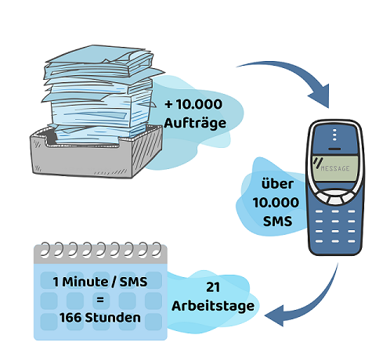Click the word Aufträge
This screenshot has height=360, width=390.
pos(195,123)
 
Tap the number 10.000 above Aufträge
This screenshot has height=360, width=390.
pos(199,104)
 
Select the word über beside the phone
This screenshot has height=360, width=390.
pos(277,184)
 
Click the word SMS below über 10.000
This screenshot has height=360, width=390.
pos(277,221)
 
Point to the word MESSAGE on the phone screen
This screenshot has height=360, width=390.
pos(335,168)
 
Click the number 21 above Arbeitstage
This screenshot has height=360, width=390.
pos(213,287)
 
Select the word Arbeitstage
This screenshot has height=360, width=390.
pos(213,306)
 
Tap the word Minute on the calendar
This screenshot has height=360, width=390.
pos(85,282)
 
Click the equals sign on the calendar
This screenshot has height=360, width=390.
pos(100,300)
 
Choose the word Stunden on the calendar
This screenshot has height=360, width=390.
pos(113,318)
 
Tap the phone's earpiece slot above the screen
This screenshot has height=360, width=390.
pos(334,149)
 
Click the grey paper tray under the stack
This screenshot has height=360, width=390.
pos(96,154)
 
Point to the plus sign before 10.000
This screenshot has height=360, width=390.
pos(168,104)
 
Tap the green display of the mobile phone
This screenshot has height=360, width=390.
pos(335,168)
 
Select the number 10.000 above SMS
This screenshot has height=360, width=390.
pos(276,203)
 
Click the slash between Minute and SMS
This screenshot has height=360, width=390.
pos(114,282)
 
